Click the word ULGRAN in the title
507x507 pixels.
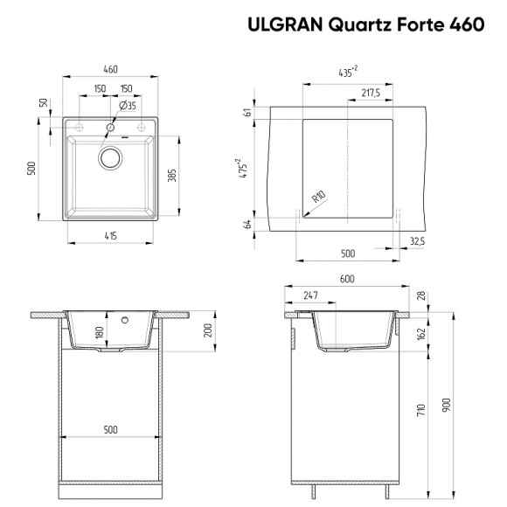point(285,24)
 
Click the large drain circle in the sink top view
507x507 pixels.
point(111,158)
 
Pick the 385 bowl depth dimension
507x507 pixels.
point(172,175)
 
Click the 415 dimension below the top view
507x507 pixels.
point(111,237)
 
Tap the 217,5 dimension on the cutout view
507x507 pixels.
point(370,93)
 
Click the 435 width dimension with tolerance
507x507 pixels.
point(347,73)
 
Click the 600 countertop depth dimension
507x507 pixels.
point(347,279)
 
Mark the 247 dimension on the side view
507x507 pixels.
point(309,295)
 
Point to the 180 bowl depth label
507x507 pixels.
point(99,333)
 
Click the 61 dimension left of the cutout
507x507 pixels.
point(248,113)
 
